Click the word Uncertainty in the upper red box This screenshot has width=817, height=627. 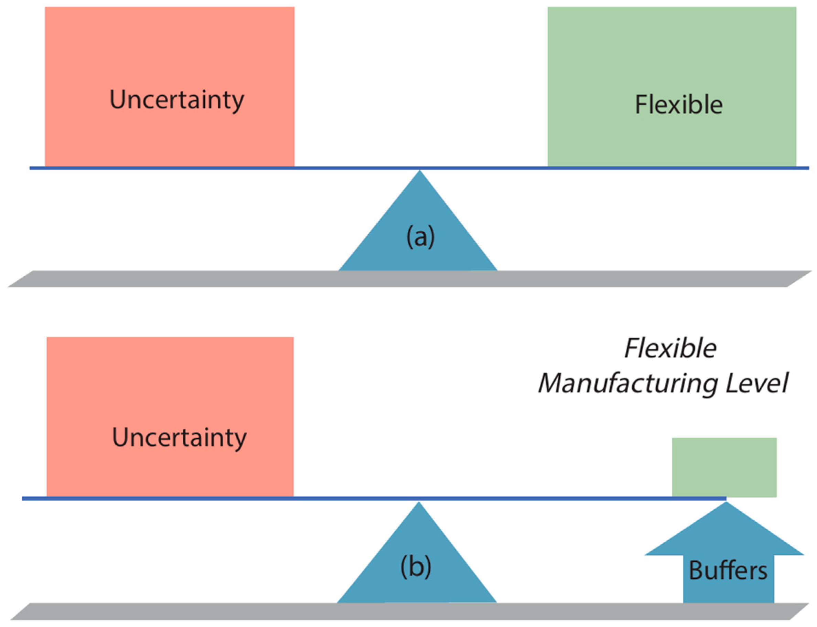point(176,100)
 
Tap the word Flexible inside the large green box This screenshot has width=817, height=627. point(678,105)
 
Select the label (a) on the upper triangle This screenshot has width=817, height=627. point(420,237)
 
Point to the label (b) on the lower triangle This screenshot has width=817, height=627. point(416,566)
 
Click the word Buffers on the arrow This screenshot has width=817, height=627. point(728,571)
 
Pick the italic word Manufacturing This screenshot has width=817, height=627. point(627,384)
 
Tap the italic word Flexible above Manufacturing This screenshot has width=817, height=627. point(670,348)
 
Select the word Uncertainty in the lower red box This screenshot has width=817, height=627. point(179,437)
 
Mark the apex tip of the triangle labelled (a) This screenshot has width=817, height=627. point(420,172)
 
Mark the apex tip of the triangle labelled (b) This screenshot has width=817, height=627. point(419,503)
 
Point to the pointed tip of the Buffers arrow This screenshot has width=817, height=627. point(726,503)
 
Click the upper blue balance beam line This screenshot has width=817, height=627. point(224,168)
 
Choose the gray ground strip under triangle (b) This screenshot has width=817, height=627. point(186,610)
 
